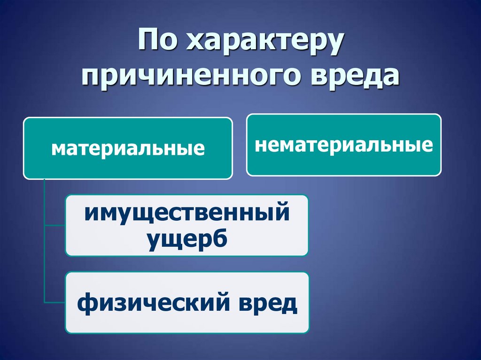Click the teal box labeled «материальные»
(x=128, y=148)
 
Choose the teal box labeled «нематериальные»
(x=343, y=145)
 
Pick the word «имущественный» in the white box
(x=186, y=214)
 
